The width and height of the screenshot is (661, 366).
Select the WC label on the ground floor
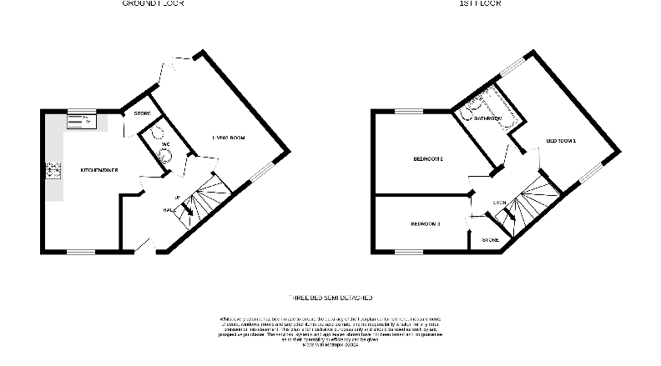click(165, 144)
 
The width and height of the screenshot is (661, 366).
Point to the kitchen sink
click(82, 120)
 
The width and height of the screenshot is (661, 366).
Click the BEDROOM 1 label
click(562, 141)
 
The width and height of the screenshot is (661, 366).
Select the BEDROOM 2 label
click(428, 159)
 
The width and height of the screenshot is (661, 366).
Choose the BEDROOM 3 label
click(426, 223)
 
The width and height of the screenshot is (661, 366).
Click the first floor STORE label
click(491, 240)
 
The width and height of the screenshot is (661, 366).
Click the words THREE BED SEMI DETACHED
click(330, 298)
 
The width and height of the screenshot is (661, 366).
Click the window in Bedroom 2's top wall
click(408, 111)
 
